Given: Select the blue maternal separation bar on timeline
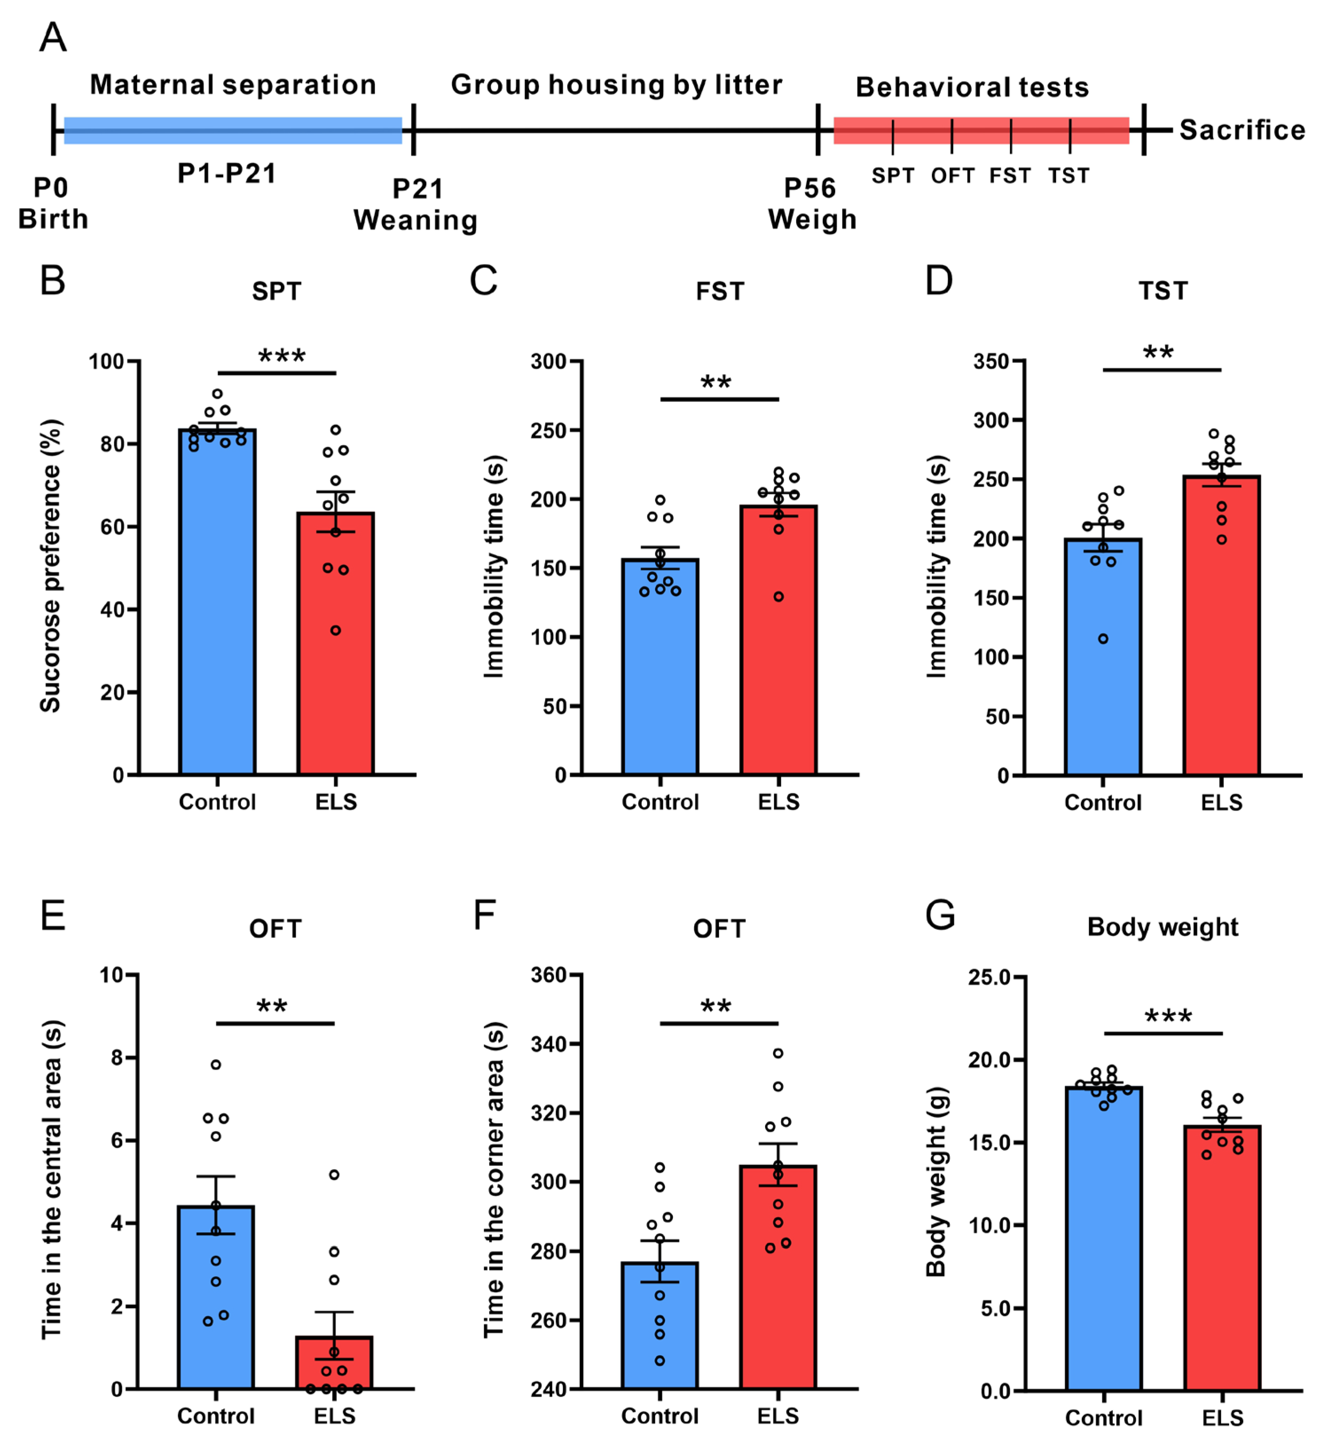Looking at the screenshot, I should [x=233, y=130].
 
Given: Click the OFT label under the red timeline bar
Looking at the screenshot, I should [x=952, y=176].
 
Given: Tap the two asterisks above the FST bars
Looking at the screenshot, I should [x=716, y=382].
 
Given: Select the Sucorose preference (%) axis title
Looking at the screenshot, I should [x=50, y=566].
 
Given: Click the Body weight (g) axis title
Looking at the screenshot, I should [x=936, y=1183].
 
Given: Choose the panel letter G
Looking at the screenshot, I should [x=940, y=916].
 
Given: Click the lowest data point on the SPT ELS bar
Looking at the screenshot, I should [x=335, y=631].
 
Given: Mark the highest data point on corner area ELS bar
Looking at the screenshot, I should [x=778, y=1053].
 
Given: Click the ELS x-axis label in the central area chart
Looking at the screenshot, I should [x=334, y=1416].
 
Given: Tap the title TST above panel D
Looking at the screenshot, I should [x=1163, y=291].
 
